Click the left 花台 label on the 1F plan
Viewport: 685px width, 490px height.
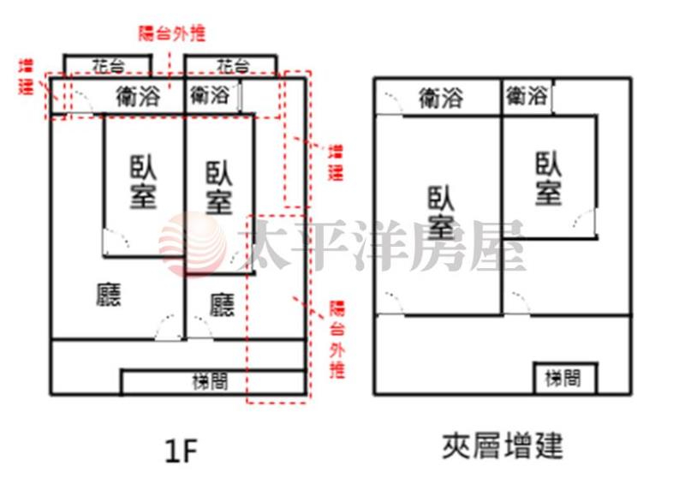click(x=109, y=66)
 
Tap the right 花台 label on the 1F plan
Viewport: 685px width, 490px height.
click(x=232, y=66)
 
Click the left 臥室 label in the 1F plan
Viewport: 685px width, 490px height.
click(x=143, y=182)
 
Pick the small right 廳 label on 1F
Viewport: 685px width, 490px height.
click(x=222, y=304)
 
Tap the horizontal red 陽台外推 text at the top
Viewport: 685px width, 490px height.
click(x=171, y=34)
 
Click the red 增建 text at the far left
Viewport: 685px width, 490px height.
click(x=27, y=75)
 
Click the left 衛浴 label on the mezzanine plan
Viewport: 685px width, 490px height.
click(x=440, y=98)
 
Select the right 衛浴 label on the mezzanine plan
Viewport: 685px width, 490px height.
click(x=526, y=96)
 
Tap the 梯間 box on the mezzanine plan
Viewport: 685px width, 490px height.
click(x=564, y=378)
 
